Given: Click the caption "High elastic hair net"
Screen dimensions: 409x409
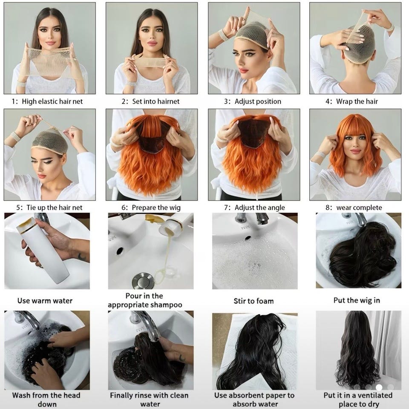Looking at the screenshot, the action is click(52, 101).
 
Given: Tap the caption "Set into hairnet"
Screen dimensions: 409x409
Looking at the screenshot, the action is click(156, 101).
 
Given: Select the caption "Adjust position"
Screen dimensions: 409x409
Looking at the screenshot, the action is click(258, 101).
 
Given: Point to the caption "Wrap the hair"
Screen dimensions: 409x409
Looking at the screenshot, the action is click(357, 101).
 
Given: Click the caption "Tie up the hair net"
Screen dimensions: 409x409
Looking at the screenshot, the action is click(54, 207).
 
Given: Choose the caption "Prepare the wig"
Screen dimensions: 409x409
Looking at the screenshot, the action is click(156, 207).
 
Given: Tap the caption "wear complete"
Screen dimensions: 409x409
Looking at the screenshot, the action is click(359, 207).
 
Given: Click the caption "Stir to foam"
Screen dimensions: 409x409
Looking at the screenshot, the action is click(253, 301).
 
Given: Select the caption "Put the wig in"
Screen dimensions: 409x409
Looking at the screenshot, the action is click(357, 300).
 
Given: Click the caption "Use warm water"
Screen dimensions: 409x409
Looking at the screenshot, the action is click(45, 300).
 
